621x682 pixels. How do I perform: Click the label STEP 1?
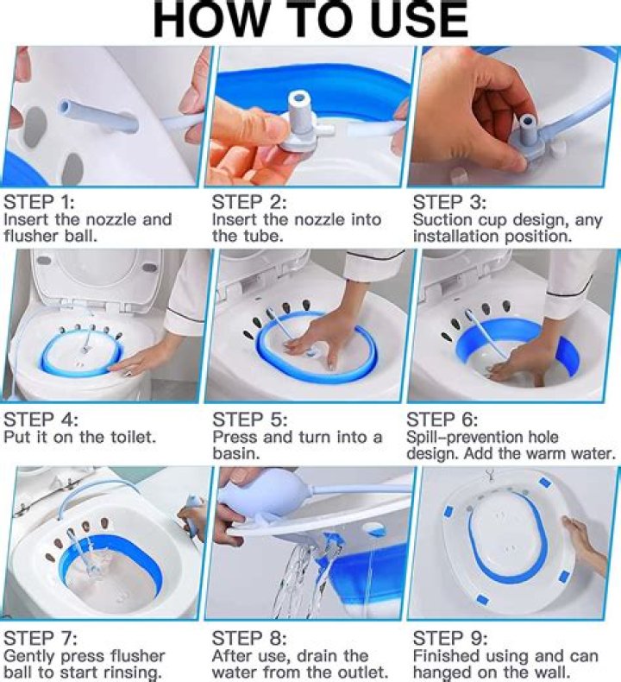coord(41,203)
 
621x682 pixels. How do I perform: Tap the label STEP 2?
coord(248,203)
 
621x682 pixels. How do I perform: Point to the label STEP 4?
coord(41,420)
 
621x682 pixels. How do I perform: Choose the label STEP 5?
coord(248,420)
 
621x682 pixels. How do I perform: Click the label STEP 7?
coord(41,639)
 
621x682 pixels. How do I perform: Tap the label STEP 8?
coord(248,639)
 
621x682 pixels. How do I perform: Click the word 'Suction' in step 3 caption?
coord(442,220)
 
